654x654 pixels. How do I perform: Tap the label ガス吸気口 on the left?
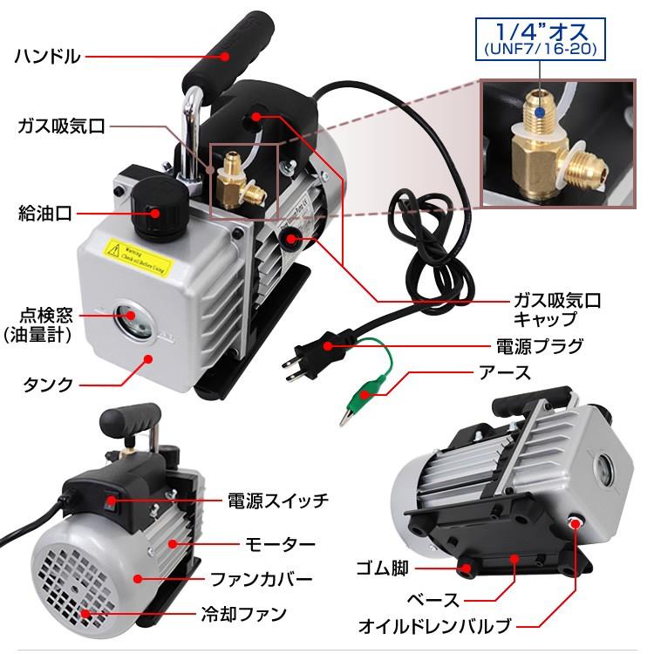pyautogui.click(x=61, y=126)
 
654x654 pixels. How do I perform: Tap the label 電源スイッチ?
pyautogui.click(x=277, y=501)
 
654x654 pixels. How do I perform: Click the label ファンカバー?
pyautogui.click(x=267, y=578)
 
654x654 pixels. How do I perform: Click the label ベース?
pyautogui.click(x=435, y=601)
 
